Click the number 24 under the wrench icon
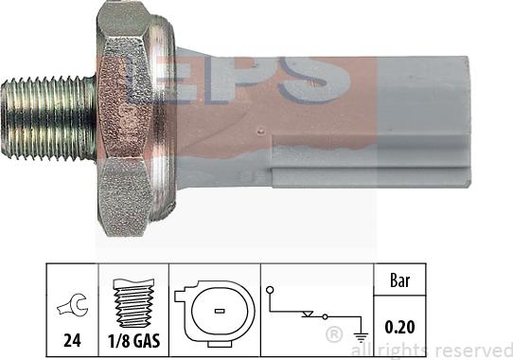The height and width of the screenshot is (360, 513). pos(72,341)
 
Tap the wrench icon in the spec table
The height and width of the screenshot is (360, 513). pos(73,306)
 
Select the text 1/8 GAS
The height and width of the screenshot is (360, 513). pos(133,341)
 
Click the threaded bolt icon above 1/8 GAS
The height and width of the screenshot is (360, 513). pos(133,303)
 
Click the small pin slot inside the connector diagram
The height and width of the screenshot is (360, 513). pos(220,311)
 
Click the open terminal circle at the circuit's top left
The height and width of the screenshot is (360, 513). pos(270,290)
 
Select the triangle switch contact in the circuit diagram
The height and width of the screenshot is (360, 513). pos(308,315)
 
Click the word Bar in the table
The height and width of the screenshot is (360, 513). pos(399,280)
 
